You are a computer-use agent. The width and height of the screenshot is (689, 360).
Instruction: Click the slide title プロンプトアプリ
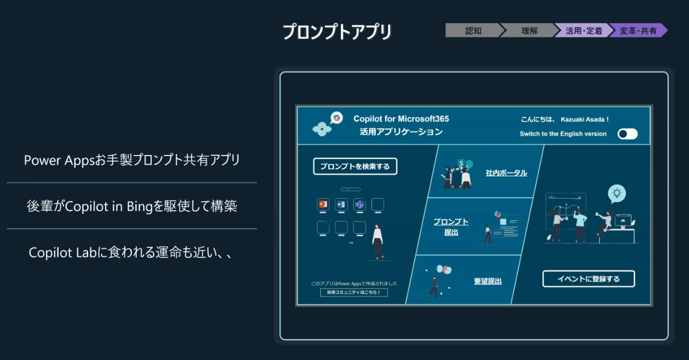click(337, 32)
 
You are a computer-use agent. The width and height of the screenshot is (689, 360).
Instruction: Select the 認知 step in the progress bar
click(473, 31)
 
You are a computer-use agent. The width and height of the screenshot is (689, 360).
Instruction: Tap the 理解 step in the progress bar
click(529, 31)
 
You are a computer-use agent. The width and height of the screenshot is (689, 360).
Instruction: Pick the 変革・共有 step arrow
click(638, 31)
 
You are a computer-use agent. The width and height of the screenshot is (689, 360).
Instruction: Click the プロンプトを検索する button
click(355, 166)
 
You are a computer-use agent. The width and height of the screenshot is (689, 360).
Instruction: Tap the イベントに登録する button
click(588, 279)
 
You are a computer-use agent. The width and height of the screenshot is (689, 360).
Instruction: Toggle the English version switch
click(628, 134)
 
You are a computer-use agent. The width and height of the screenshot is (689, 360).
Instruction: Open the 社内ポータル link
click(506, 173)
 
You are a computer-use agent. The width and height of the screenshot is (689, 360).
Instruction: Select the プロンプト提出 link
click(451, 227)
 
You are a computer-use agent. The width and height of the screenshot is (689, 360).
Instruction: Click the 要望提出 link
click(488, 281)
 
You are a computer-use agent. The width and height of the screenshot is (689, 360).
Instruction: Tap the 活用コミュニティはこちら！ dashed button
click(354, 292)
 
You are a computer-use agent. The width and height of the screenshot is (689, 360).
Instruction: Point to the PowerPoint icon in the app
click(323, 204)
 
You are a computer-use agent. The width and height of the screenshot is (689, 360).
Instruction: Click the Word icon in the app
click(341, 204)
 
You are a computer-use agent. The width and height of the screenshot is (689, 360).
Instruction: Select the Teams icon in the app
click(360, 204)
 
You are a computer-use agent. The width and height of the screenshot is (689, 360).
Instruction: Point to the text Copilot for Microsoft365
click(401, 119)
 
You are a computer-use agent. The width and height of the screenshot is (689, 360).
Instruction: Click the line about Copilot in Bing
click(132, 206)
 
